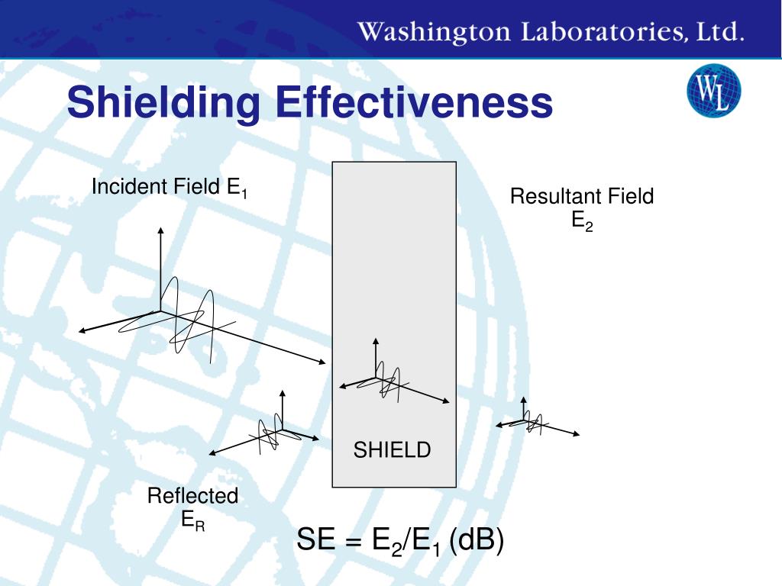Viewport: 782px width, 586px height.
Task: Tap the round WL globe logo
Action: click(x=714, y=91)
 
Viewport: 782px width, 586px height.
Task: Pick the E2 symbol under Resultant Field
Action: click(x=582, y=221)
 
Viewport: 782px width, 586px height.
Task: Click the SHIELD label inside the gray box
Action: click(x=392, y=450)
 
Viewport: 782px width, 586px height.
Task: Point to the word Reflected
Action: click(x=192, y=496)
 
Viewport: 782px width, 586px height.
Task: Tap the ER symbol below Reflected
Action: click(x=192, y=520)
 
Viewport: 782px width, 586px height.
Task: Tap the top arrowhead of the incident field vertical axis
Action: click(x=160, y=229)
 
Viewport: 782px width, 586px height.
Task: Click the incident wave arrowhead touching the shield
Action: click(x=323, y=362)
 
